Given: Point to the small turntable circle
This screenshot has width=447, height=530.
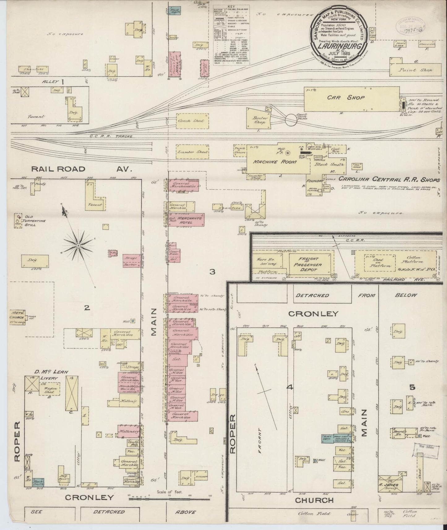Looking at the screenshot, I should tap(291, 120).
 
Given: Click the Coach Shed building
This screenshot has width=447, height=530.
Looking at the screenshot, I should tap(191, 121).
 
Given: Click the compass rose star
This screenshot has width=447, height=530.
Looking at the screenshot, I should tap(79, 245).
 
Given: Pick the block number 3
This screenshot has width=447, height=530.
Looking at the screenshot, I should tap(212, 272).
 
